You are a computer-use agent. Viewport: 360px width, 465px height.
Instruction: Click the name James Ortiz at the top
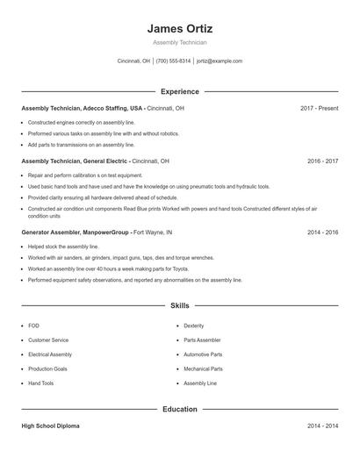pos(180,28)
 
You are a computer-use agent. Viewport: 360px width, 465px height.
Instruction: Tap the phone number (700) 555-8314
pos(173,61)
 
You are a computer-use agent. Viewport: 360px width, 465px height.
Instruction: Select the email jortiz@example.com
pos(220,61)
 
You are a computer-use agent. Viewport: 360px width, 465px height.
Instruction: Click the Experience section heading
pos(180,91)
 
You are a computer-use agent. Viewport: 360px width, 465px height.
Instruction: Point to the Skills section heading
pos(180,305)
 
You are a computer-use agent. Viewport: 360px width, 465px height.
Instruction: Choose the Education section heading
pos(180,409)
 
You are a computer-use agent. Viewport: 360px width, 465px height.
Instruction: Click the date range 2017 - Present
pos(319,108)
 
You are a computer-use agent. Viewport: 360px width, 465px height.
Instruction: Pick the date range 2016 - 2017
pos(322,161)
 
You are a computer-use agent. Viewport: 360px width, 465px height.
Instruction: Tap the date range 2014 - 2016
pos(322,232)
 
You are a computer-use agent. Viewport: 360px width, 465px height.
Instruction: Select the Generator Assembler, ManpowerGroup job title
pos(76,232)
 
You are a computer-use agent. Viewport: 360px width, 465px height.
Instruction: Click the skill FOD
pos(33,325)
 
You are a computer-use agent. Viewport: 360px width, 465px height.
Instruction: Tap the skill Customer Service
pos(48,340)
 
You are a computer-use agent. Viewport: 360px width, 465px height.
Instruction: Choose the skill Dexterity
pos(193,325)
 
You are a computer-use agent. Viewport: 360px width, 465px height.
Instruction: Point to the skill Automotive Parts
pos(203,354)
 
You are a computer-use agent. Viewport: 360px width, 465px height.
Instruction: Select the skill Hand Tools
pos(40,383)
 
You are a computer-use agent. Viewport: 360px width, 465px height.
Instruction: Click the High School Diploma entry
pos(50,426)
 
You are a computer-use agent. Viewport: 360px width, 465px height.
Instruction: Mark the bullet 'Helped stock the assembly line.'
pos(64,247)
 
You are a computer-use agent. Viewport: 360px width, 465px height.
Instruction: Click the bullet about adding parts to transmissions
pos(81,145)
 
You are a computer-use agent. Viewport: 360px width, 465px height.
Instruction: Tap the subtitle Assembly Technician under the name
pos(180,42)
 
